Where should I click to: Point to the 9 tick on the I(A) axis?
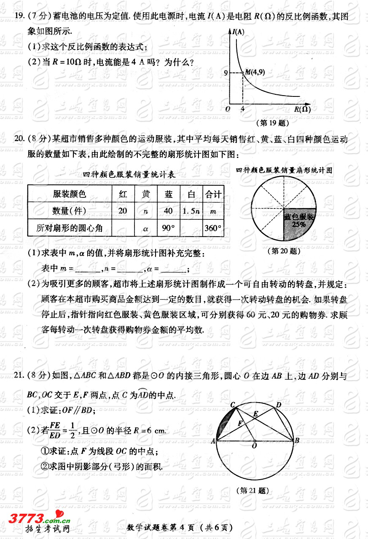pos(226,73)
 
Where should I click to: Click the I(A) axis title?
pos(239,32)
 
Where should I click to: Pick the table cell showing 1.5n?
pos(191,211)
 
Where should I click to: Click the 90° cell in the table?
pos(168,228)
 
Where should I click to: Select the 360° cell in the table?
pos(213,228)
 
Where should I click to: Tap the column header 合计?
pos(213,194)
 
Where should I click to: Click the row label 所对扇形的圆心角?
pos(69,228)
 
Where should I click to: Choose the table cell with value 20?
pos(123,211)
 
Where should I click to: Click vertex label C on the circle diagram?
pos(232,405)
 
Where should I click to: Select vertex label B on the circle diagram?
pos(297,441)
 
